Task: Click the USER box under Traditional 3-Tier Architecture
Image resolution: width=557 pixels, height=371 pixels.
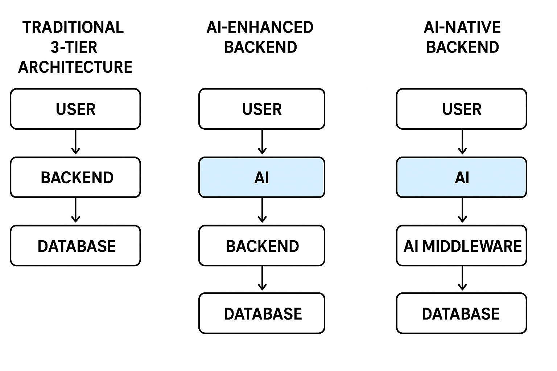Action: [x=75, y=109]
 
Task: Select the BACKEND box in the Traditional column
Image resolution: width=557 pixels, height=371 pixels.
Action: [x=75, y=178]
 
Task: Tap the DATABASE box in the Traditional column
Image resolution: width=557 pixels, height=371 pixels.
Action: [x=75, y=246]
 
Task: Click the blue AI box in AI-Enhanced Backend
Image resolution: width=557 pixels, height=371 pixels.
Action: [x=262, y=178]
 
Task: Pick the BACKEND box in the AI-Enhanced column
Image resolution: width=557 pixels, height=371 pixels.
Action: [x=262, y=246]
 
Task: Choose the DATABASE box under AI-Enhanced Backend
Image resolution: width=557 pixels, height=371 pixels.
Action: [x=262, y=313]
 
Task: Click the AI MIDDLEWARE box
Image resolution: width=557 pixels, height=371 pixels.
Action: [x=462, y=246]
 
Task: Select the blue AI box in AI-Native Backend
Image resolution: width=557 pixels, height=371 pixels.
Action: [x=462, y=178]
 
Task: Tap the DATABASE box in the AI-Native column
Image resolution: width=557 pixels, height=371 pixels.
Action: [x=462, y=313]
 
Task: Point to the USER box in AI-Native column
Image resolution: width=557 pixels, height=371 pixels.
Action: [x=462, y=109]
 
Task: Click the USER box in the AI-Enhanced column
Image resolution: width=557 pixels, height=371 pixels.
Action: [x=262, y=109]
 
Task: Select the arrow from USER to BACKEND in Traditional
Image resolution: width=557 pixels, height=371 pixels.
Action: [x=75, y=142]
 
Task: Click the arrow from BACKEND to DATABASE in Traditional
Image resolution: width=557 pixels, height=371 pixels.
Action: [x=75, y=210]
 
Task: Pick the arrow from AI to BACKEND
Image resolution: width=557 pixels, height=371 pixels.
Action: [x=262, y=210]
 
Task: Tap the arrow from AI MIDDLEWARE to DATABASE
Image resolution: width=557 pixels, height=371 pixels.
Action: [x=462, y=278]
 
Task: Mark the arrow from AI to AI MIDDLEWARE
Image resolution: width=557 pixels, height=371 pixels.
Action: [x=462, y=210]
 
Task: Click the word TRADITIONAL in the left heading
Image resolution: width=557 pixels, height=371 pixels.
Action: [x=73, y=28]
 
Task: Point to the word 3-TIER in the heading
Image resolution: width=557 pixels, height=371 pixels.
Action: [x=74, y=47]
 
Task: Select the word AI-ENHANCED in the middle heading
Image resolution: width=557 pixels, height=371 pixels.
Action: [x=260, y=28]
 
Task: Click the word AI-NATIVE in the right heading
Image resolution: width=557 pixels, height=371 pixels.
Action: [x=462, y=28]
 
